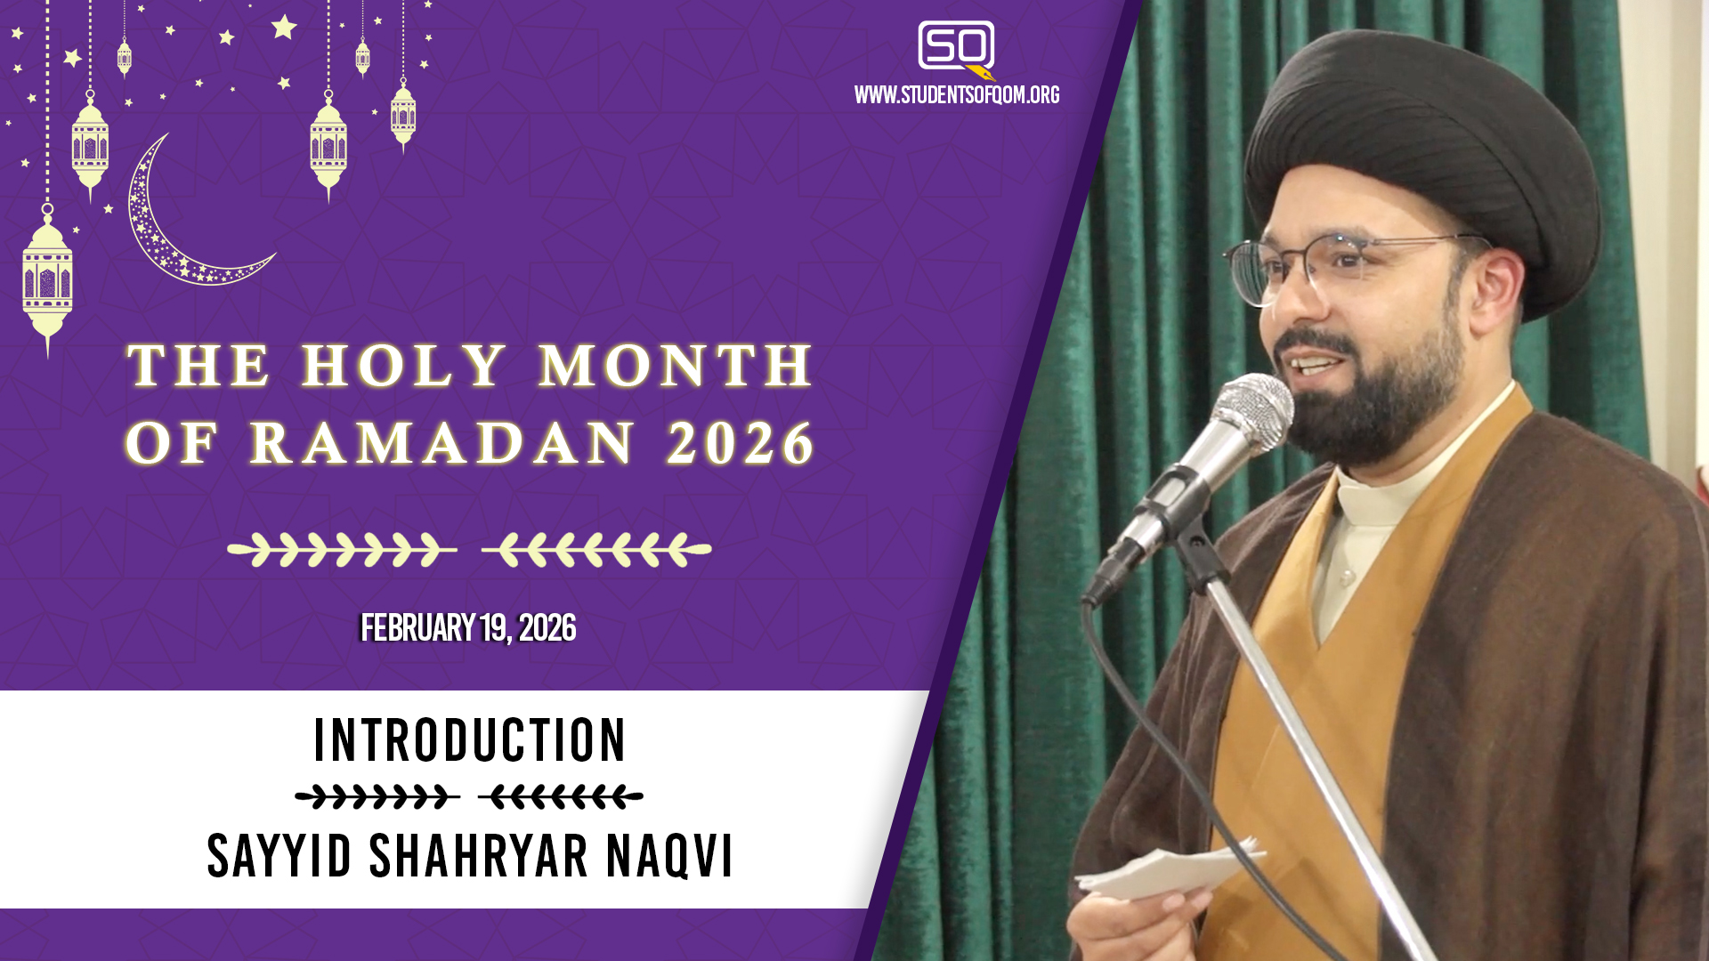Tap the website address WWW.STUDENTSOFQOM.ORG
957,95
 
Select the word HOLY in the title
403,365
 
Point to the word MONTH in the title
676,365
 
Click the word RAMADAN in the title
442,443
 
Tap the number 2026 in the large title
741,443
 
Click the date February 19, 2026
468,628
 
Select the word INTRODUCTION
470,740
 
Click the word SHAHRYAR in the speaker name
478,856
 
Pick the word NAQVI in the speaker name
669,856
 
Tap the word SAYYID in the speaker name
279,856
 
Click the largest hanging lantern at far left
47,280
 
